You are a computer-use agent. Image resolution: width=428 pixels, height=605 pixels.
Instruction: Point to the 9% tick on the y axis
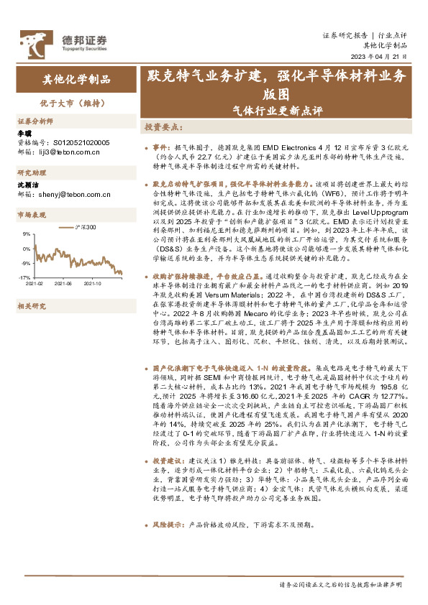click(25, 234)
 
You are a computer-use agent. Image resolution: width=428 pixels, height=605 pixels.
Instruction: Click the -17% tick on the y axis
click(24, 277)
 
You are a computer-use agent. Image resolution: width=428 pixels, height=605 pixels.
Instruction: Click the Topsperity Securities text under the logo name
click(81, 49)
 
